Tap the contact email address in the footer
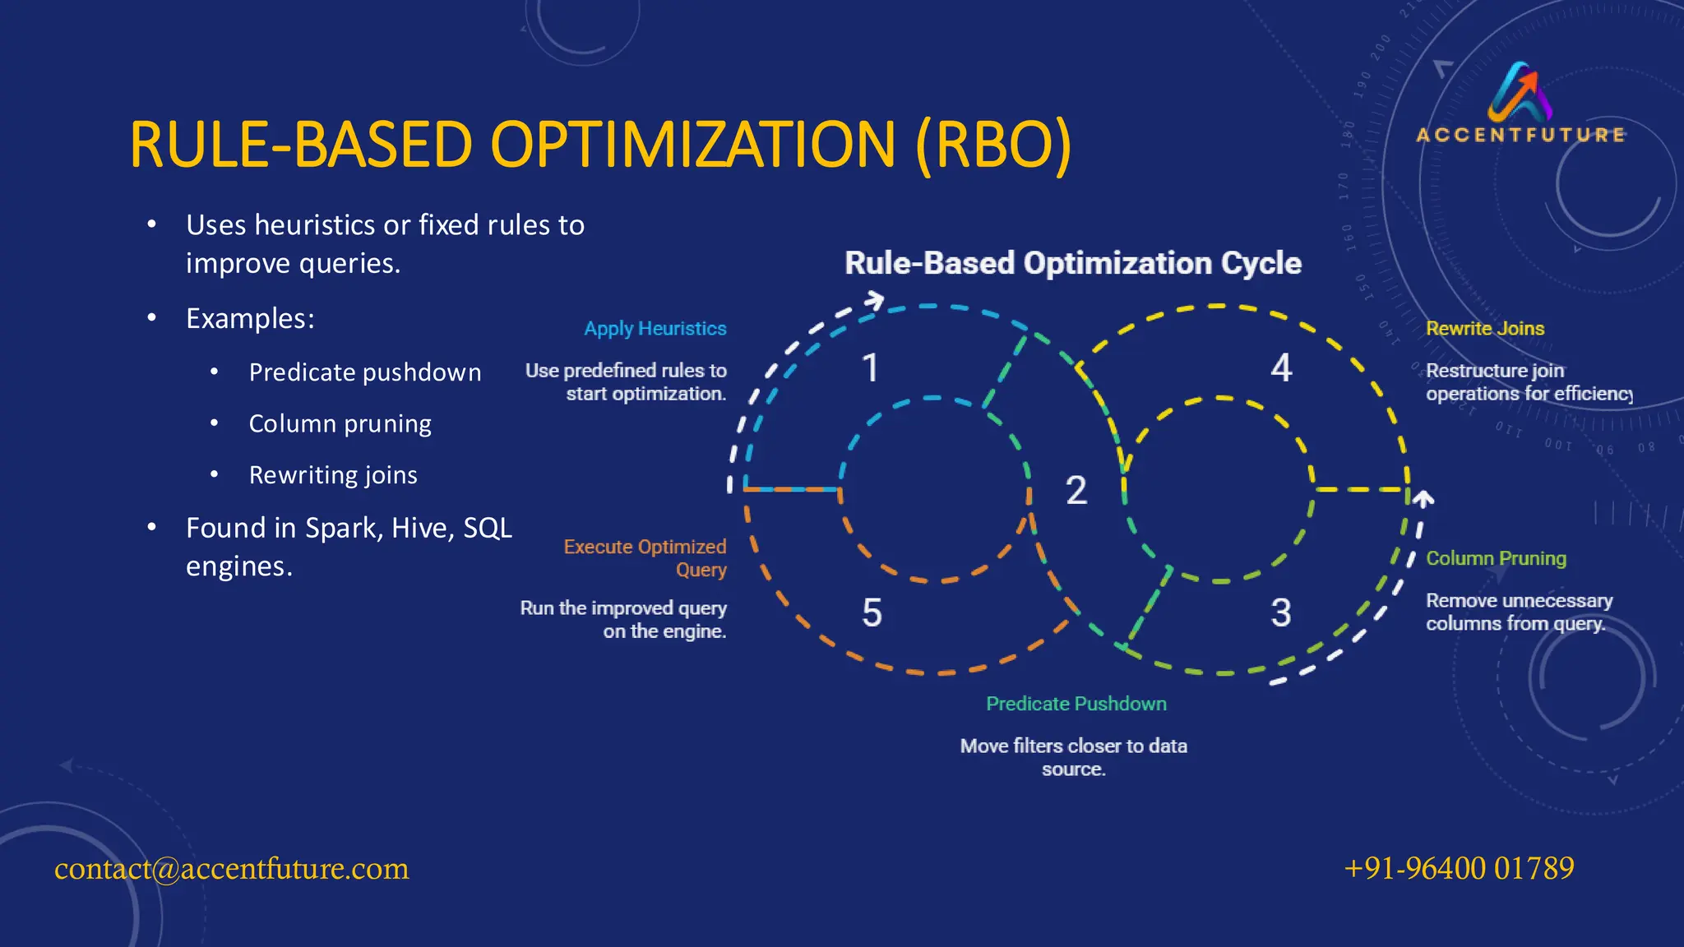tap(231, 869)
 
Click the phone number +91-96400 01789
tap(1459, 868)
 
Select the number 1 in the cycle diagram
tap(870, 368)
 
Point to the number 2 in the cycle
tap(1076, 491)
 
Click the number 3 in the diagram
tap(1280, 613)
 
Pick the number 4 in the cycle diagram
tap(1281, 368)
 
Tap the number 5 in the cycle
tap(872, 613)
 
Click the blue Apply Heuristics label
tap(655, 329)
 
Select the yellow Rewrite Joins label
tap(1485, 329)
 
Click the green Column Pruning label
tap(1496, 558)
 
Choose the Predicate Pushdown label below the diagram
tap(1076, 704)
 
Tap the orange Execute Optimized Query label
tap(645, 557)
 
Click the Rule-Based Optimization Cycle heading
tap(1073, 263)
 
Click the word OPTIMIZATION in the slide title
tap(692, 146)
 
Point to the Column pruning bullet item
tap(340, 423)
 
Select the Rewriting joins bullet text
tap(333, 475)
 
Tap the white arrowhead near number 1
tap(875, 301)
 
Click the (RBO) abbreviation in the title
tap(993, 146)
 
